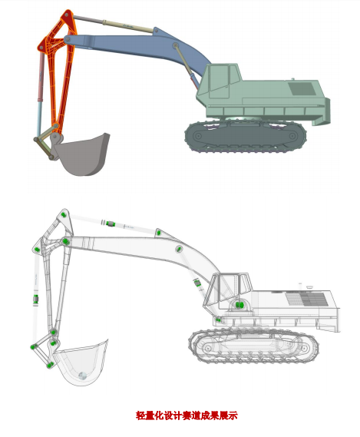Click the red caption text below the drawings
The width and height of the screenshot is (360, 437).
coord(187,415)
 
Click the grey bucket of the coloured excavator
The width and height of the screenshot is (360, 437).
coord(83,154)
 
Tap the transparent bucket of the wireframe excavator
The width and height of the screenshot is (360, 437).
coord(81,363)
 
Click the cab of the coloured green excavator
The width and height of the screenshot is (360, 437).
coord(220,81)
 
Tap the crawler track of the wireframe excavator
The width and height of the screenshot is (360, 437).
coord(253,346)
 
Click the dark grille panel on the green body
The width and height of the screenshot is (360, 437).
coord(302,88)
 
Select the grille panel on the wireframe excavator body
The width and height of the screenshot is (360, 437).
coord(307,299)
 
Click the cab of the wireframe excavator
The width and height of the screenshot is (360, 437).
coord(227,291)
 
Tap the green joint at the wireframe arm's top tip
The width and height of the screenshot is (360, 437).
coord(63,215)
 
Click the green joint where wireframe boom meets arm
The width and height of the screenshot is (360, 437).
coord(66,241)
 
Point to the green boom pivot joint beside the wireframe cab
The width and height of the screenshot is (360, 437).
coord(239,305)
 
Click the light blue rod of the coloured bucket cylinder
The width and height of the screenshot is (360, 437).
coord(39,117)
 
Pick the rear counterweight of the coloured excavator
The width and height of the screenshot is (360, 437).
coord(322,111)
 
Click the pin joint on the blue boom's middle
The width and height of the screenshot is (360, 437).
coord(175,45)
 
